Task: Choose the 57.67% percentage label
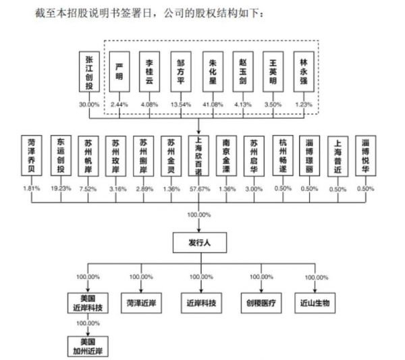pos(200,188)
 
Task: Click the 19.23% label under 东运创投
pos(61,188)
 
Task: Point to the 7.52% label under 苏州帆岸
pos(88,188)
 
